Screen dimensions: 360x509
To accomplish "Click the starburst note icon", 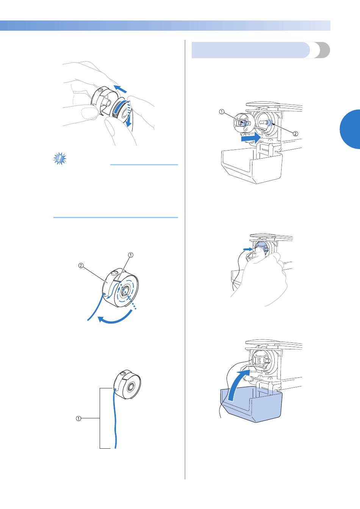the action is (x=60, y=159).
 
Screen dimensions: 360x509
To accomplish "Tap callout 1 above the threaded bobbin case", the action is (x=131, y=255).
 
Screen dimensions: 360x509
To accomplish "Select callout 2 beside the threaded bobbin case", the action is (x=81, y=265).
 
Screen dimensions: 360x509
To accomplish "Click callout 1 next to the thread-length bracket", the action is (x=78, y=418).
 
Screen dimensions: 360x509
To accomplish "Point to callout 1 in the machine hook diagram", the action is (x=222, y=112).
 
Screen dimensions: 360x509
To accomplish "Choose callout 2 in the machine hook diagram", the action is (x=295, y=134).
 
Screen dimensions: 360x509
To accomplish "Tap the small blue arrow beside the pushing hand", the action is (x=247, y=249).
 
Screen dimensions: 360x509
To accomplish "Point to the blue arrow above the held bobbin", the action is (x=120, y=89).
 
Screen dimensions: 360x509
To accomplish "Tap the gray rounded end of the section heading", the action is (x=322, y=50).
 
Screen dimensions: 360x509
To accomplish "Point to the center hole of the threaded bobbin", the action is (x=124, y=291).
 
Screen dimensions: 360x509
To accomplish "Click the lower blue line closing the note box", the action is (x=116, y=217).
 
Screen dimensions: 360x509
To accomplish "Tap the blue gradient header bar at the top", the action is (x=165, y=25).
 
